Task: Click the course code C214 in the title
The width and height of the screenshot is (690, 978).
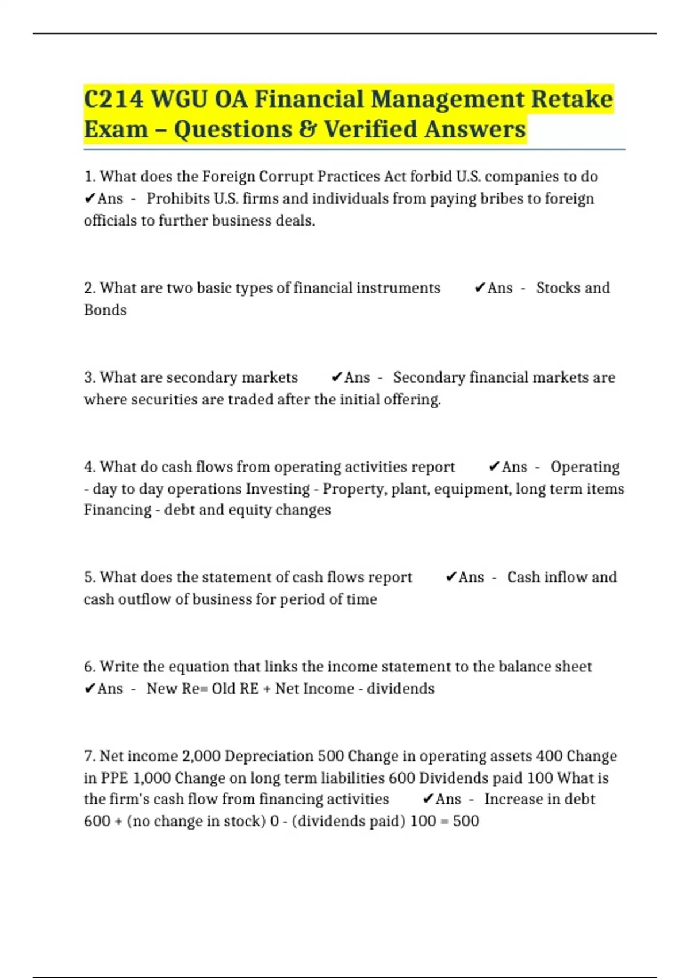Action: (x=113, y=99)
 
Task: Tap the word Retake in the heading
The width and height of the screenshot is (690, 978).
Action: (x=572, y=99)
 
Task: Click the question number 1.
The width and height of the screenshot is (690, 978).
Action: (x=89, y=177)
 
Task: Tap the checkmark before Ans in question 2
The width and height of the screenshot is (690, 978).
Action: (x=480, y=288)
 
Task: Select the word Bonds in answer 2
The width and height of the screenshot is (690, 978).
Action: (x=105, y=310)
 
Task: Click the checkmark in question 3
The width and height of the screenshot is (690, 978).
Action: (x=337, y=377)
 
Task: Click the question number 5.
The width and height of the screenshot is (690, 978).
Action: (x=89, y=577)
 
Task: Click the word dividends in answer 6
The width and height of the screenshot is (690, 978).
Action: (x=400, y=689)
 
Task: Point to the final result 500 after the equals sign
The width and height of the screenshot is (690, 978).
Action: (x=466, y=821)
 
